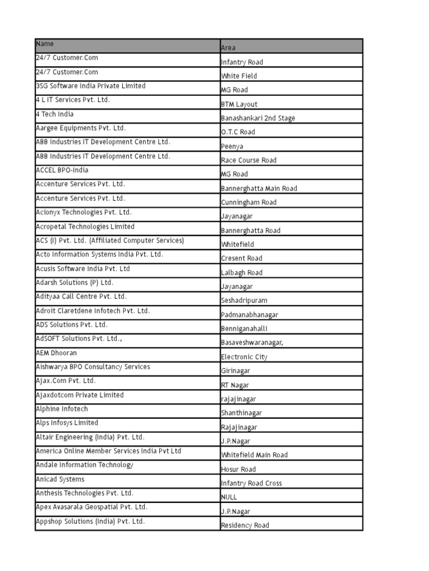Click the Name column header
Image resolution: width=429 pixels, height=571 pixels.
[x=45, y=43]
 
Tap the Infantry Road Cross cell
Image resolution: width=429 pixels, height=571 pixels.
[x=251, y=483]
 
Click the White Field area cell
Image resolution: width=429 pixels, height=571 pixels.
[x=239, y=76]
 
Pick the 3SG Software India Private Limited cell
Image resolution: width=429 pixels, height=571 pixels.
[x=90, y=86]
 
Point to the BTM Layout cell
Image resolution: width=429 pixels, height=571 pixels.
[x=239, y=104]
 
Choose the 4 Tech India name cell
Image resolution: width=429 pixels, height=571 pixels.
[x=55, y=114]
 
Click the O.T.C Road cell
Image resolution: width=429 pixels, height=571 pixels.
[x=238, y=132]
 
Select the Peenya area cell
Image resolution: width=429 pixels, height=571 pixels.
[x=232, y=146]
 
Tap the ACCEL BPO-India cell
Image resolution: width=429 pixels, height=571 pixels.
[x=62, y=170]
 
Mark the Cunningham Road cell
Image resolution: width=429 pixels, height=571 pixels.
[x=249, y=202]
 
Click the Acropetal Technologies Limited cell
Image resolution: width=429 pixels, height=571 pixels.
[x=85, y=226]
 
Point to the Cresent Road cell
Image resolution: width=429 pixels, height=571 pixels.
[x=241, y=258]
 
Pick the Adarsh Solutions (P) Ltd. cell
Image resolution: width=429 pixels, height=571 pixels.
[x=74, y=283]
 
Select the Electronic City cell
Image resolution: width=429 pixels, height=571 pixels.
[x=244, y=357]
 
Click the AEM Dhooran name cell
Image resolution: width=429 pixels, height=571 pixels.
[x=56, y=353]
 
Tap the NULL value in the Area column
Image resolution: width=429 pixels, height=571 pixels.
[x=229, y=497]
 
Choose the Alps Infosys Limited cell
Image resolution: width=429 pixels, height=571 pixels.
[x=66, y=423]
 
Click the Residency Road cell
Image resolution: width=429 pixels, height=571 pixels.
[x=245, y=525]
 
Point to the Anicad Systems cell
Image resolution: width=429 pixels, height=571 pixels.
[x=60, y=479]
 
